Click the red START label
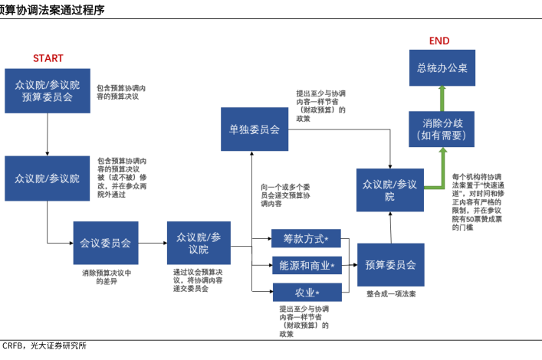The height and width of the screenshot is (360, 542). coord(48,58)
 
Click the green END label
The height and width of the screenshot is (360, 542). coord(439,41)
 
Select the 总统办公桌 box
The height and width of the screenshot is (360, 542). coord(442,68)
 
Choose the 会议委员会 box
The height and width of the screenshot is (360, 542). coord(105,243)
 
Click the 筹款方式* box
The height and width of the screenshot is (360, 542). coord(305,239)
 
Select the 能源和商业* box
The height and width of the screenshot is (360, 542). coord(305,266)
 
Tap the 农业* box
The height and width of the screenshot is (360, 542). coord(305,292)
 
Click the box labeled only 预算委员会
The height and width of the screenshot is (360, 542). coord(389,264)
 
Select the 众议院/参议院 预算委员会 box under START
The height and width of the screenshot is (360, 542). coord(48,91)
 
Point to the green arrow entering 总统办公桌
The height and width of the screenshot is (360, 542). coord(442,97)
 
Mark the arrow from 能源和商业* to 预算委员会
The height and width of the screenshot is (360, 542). coord(347,265)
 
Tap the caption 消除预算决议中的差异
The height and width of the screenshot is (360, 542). coord(105,277)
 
